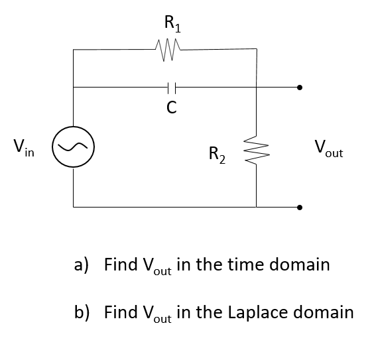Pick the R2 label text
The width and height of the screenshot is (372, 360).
217,156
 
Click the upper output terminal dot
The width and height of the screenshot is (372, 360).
300,86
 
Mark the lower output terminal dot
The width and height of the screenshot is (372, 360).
300,206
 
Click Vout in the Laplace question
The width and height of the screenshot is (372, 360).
156,313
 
